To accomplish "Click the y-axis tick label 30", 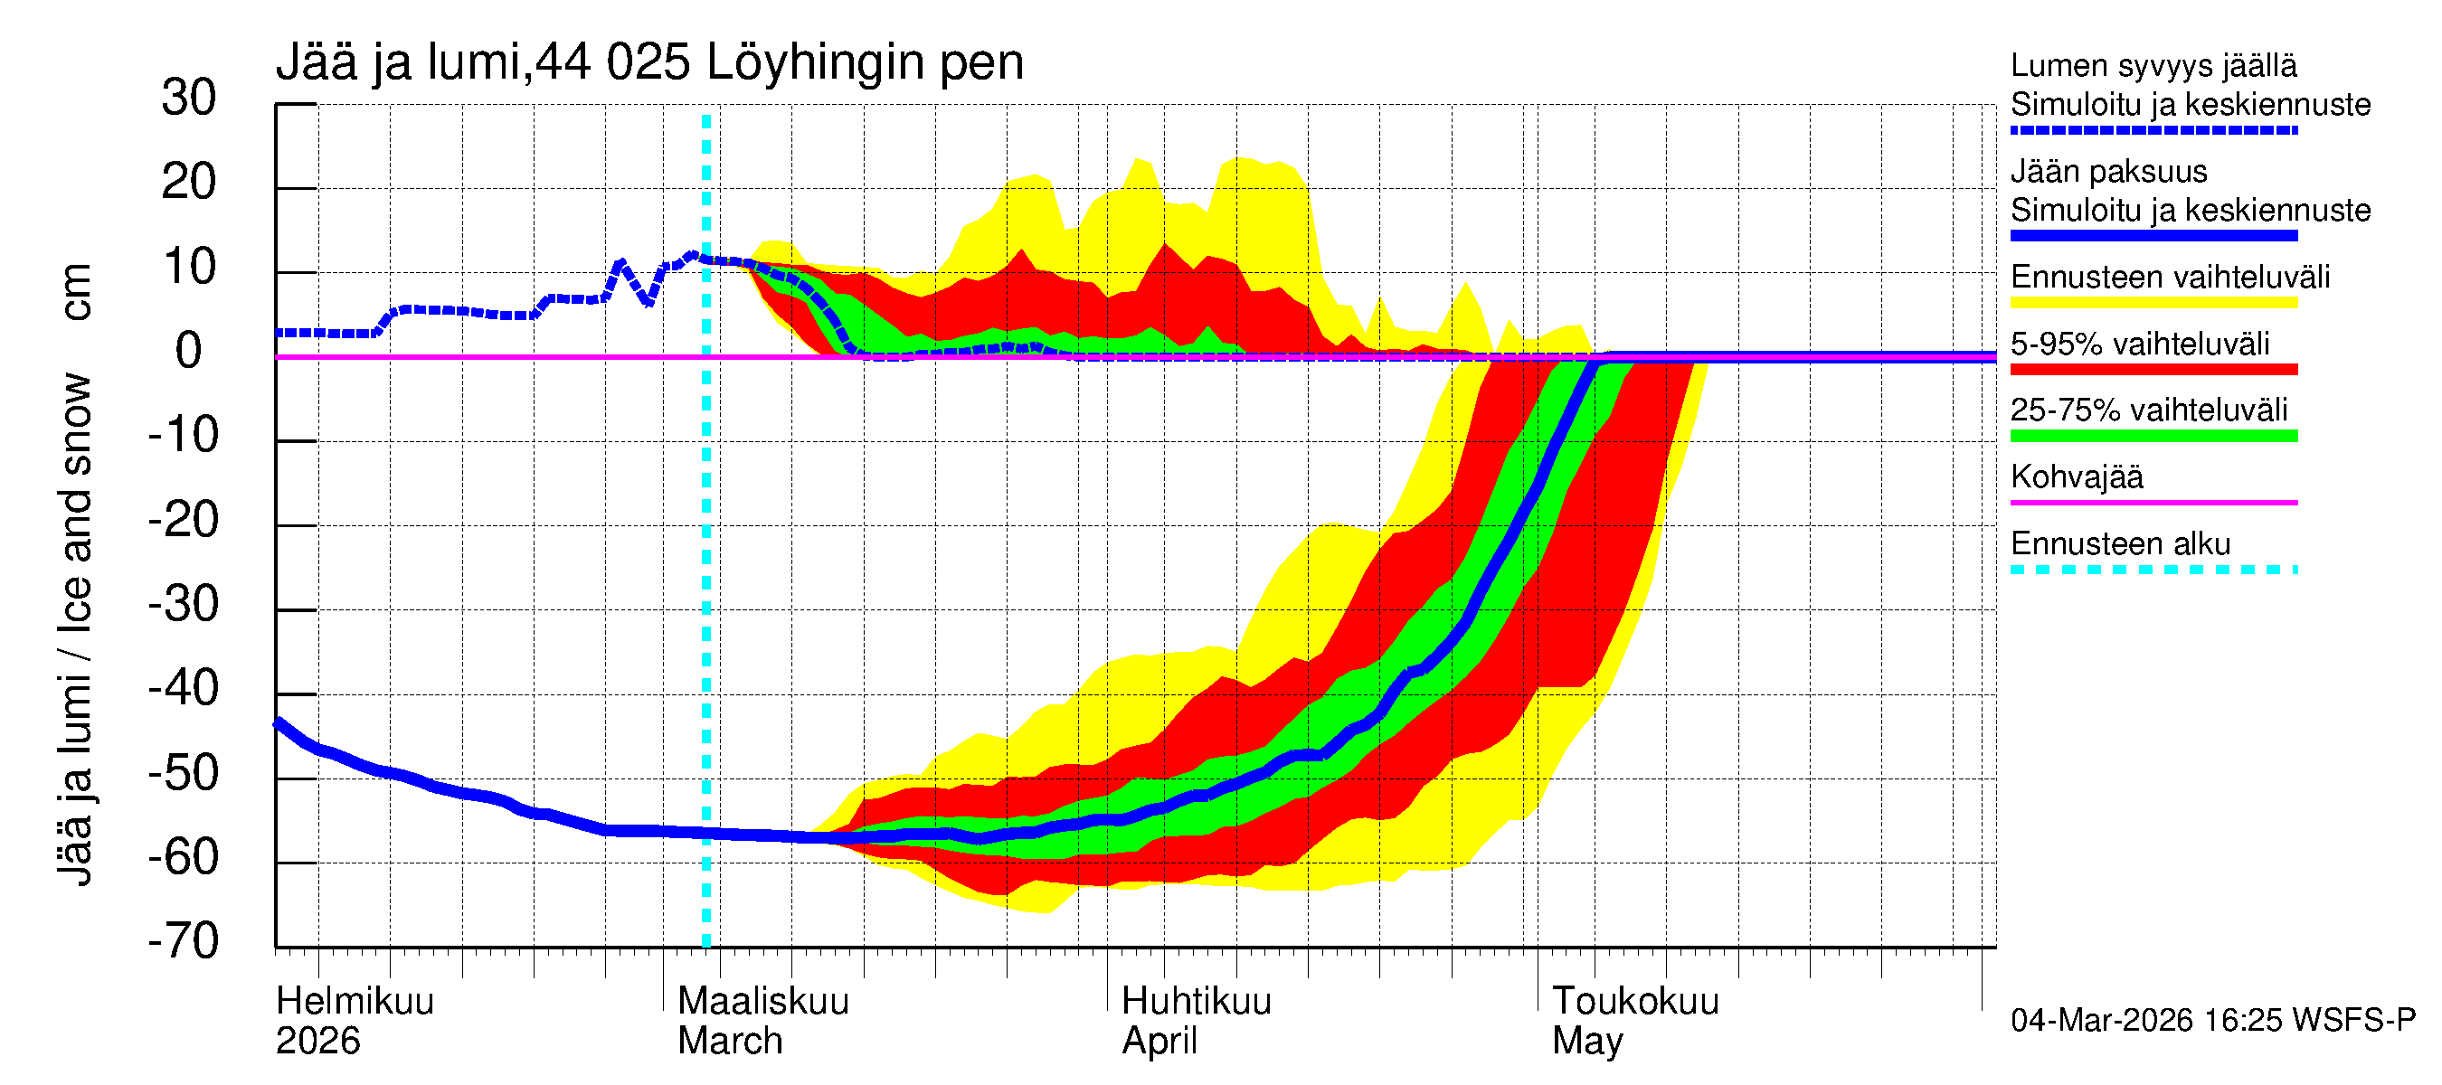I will pyautogui.click(x=189, y=98).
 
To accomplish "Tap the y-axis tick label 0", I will pyautogui.click(x=189, y=351).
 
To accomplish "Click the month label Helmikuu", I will pyautogui.click(x=355, y=1001).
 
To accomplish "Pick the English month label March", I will pyautogui.click(x=730, y=1041).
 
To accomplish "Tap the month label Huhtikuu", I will pyautogui.click(x=1197, y=1001).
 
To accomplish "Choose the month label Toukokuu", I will pyautogui.click(x=1635, y=1001).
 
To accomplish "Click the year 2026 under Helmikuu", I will pyautogui.click(x=317, y=1041).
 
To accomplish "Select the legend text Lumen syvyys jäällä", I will pyautogui.click(x=2153, y=65).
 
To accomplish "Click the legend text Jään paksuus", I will pyautogui.click(x=2108, y=172).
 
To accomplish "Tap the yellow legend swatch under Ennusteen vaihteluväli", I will pyautogui.click(x=2153, y=303).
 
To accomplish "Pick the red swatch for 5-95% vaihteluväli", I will pyautogui.click(x=2153, y=370).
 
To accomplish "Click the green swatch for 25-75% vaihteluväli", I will pyautogui.click(x=2153, y=436).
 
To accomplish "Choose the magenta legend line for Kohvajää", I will pyautogui.click(x=2153, y=502).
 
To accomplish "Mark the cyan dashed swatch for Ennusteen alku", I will pyautogui.click(x=2153, y=570).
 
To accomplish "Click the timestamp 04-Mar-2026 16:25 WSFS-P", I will pyautogui.click(x=2212, y=1020).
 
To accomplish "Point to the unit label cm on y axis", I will pyautogui.click(x=76, y=292).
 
